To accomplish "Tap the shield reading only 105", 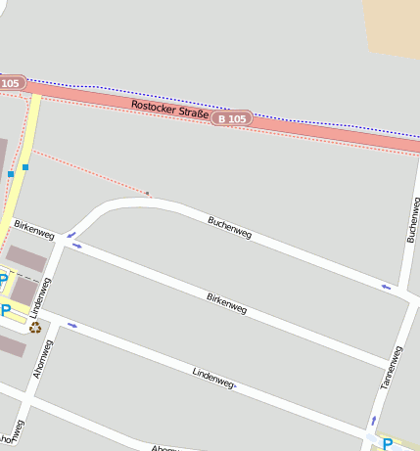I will (x=10, y=83).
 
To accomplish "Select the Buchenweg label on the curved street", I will (x=230, y=228).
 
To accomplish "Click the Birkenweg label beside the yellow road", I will (x=34, y=230).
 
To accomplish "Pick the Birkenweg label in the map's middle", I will (x=226, y=302).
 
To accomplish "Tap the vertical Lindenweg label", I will (x=45, y=295).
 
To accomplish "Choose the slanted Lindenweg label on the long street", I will (x=213, y=378).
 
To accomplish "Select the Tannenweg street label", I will (x=391, y=369).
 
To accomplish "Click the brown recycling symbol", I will (x=35, y=328).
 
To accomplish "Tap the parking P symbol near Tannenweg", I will (x=387, y=444).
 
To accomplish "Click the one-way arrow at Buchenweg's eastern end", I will (x=386, y=287).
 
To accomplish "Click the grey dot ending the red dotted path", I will (x=148, y=194).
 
